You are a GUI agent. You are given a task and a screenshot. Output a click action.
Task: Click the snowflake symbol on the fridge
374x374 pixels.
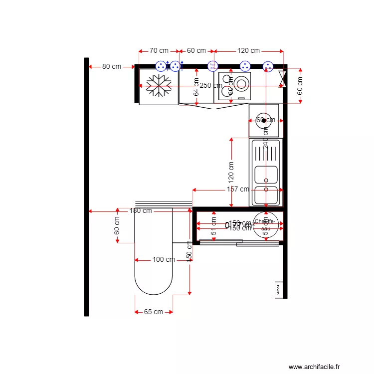[x=159, y=86]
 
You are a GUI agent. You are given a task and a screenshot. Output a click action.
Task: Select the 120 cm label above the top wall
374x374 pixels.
[x=248, y=51]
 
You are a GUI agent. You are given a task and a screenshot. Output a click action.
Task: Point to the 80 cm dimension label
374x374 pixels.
[x=112, y=66]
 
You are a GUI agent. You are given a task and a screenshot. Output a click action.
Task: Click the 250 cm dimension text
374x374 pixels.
[x=211, y=85]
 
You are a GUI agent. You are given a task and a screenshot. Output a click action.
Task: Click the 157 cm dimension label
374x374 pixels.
[x=237, y=189]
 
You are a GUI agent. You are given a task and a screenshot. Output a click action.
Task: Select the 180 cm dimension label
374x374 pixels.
[x=141, y=211]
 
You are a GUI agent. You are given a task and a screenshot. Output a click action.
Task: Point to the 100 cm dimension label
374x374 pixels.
[x=164, y=260]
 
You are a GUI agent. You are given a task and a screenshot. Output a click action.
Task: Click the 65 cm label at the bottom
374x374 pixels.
[x=154, y=312]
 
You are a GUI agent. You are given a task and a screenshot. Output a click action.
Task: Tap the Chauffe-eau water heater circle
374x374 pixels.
[x=264, y=225]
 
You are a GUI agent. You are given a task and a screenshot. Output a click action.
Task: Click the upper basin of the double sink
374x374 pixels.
[x=266, y=175]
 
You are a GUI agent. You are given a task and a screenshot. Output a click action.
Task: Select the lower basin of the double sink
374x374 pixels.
[x=266, y=195]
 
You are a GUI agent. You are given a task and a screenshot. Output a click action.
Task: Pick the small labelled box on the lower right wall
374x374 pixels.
[x=278, y=289]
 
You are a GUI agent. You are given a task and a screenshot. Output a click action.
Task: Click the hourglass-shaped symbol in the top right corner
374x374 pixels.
[x=283, y=78]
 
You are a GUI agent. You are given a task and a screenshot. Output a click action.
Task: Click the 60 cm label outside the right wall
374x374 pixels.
[x=300, y=86]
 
